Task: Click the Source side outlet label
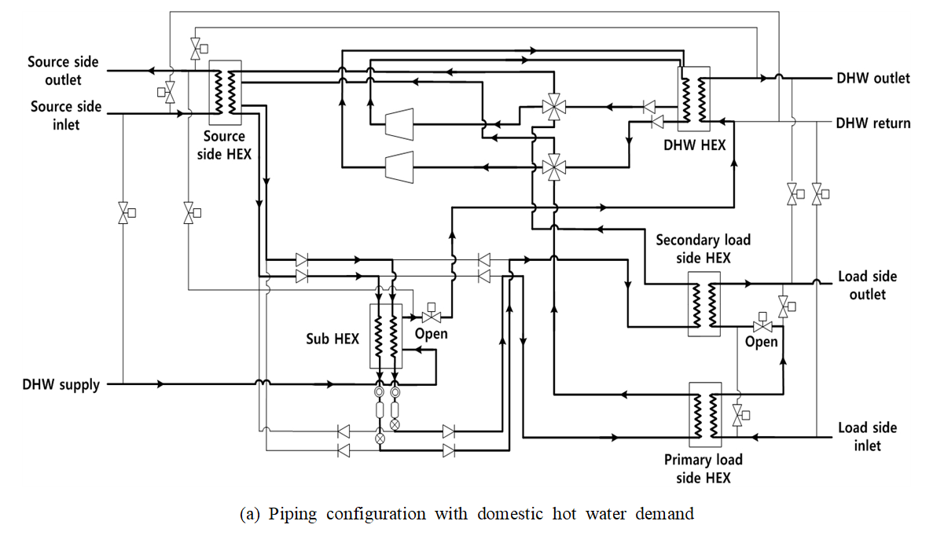click(54, 71)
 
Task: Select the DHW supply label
click(61, 384)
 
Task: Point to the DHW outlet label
click(873, 78)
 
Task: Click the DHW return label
click(873, 123)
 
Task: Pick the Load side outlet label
click(867, 285)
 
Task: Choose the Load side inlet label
click(867, 436)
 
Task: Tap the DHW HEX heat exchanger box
click(694, 99)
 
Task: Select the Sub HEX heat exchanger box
click(385, 336)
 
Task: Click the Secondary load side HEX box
click(703, 304)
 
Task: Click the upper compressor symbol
click(399, 123)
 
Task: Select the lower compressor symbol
click(399, 166)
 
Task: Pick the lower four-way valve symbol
click(554, 166)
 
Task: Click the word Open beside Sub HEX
click(431, 334)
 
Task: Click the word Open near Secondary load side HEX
click(761, 342)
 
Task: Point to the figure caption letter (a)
click(251, 515)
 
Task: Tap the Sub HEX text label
click(332, 339)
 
